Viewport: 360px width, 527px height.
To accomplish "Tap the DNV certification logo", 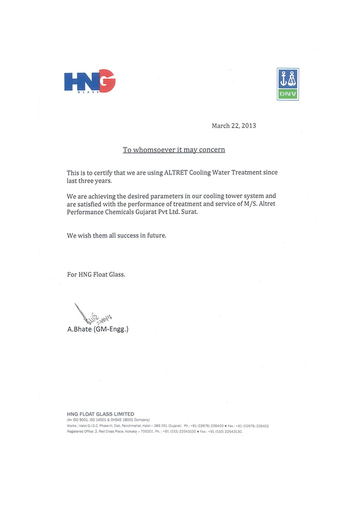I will click(x=287, y=84).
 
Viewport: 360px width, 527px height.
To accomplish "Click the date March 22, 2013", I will click(x=233, y=126).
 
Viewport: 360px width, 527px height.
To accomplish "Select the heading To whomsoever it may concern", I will click(x=173, y=150).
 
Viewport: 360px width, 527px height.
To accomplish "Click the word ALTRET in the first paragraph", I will click(x=175, y=173).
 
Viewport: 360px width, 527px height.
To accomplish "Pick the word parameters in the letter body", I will click(x=156, y=196).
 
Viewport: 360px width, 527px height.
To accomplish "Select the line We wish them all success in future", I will click(x=117, y=235).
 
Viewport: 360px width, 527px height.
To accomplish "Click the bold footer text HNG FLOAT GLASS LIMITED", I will click(x=100, y=414).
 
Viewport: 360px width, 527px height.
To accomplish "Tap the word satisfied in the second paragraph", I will click(x=93, y=204).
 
